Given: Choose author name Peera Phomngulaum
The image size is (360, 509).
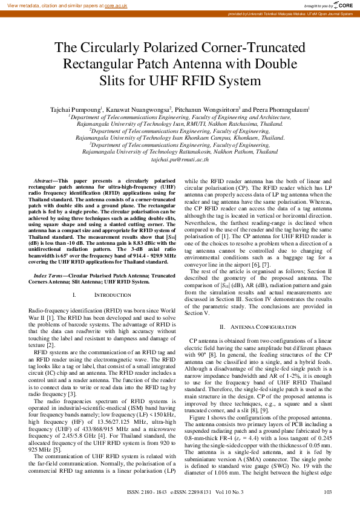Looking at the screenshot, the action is point(283,109).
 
